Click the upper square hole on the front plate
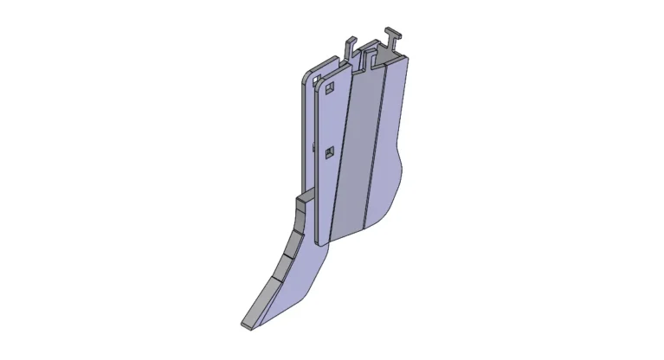tap(330, 87)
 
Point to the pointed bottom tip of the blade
tap(245, 325)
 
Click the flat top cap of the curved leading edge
tap(301, 199)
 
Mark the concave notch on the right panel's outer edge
tap(399, 160)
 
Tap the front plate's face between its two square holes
tap(329, 121)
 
